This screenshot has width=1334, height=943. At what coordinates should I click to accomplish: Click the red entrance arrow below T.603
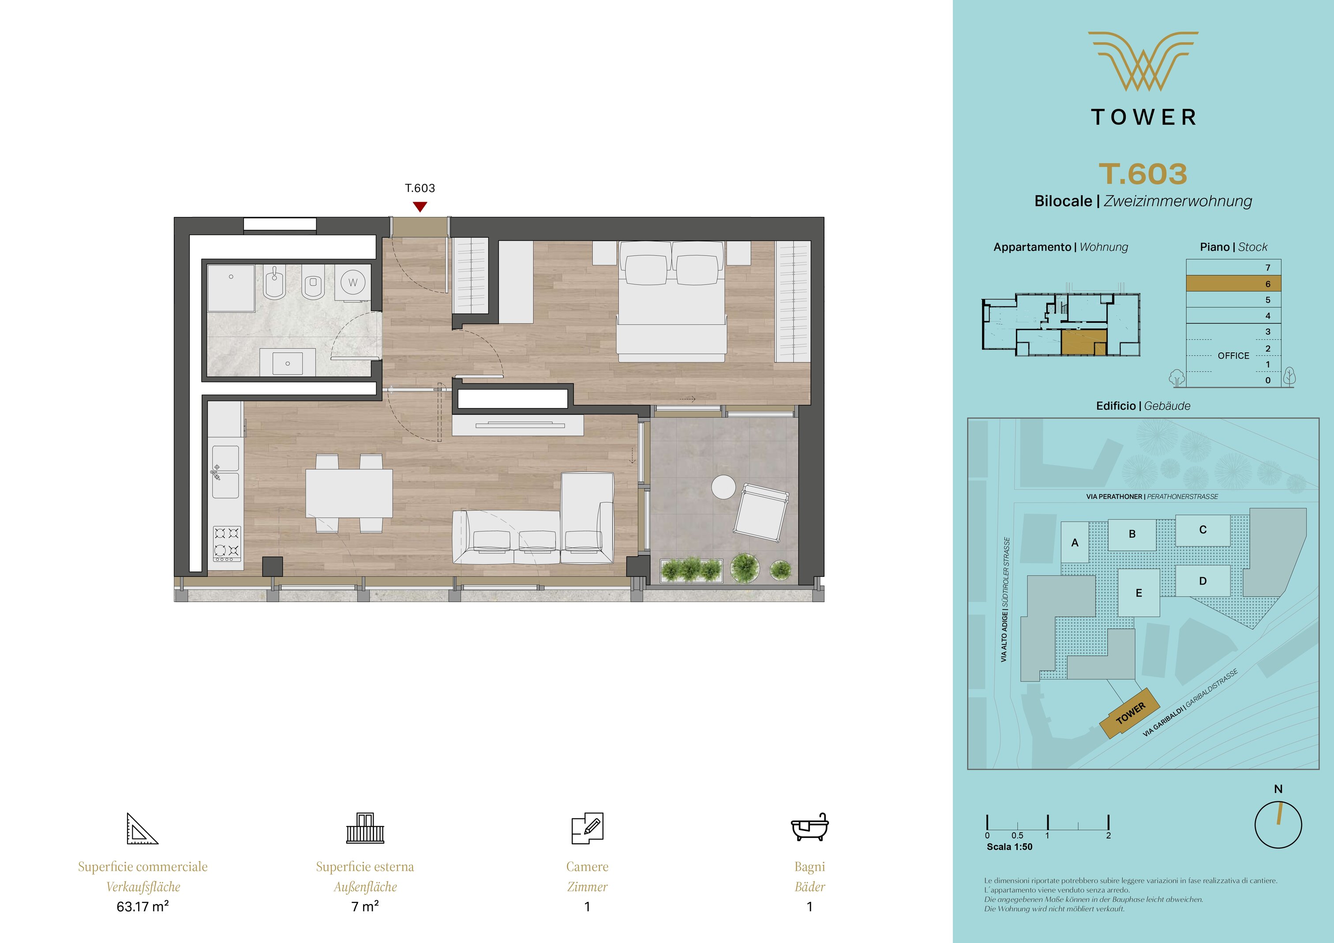tap(420, 206)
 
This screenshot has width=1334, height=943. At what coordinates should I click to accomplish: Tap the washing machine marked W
tap(352, 283)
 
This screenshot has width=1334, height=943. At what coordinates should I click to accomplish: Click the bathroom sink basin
tap(288, 362)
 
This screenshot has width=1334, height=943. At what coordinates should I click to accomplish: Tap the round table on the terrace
tap(723, 487)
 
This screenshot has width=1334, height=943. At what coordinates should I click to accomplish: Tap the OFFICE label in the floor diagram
tap(1233, 355)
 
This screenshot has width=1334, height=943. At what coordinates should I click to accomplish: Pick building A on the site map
tap(1075, 542)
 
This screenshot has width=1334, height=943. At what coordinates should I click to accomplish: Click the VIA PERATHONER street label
tap(1115, 497)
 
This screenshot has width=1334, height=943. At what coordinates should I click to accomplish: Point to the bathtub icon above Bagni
tap(809, 827)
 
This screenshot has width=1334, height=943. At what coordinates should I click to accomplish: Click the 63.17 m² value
tap(143, 906)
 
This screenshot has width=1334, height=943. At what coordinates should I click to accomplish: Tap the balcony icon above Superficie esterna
tap(365, 828)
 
